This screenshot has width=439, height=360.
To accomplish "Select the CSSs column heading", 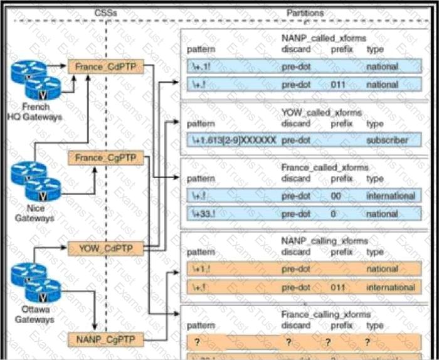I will tap(105, 12).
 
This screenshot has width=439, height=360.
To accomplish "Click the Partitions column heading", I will tap(305, 12).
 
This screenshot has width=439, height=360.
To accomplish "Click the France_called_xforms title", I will tap(324, 168).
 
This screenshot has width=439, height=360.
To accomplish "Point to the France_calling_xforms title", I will tap(326, 314).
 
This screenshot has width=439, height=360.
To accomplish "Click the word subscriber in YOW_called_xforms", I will tap(387, 140).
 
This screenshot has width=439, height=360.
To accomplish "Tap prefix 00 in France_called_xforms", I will tap(336, 196).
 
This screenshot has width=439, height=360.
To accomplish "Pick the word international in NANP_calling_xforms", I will tap(391, 288).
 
